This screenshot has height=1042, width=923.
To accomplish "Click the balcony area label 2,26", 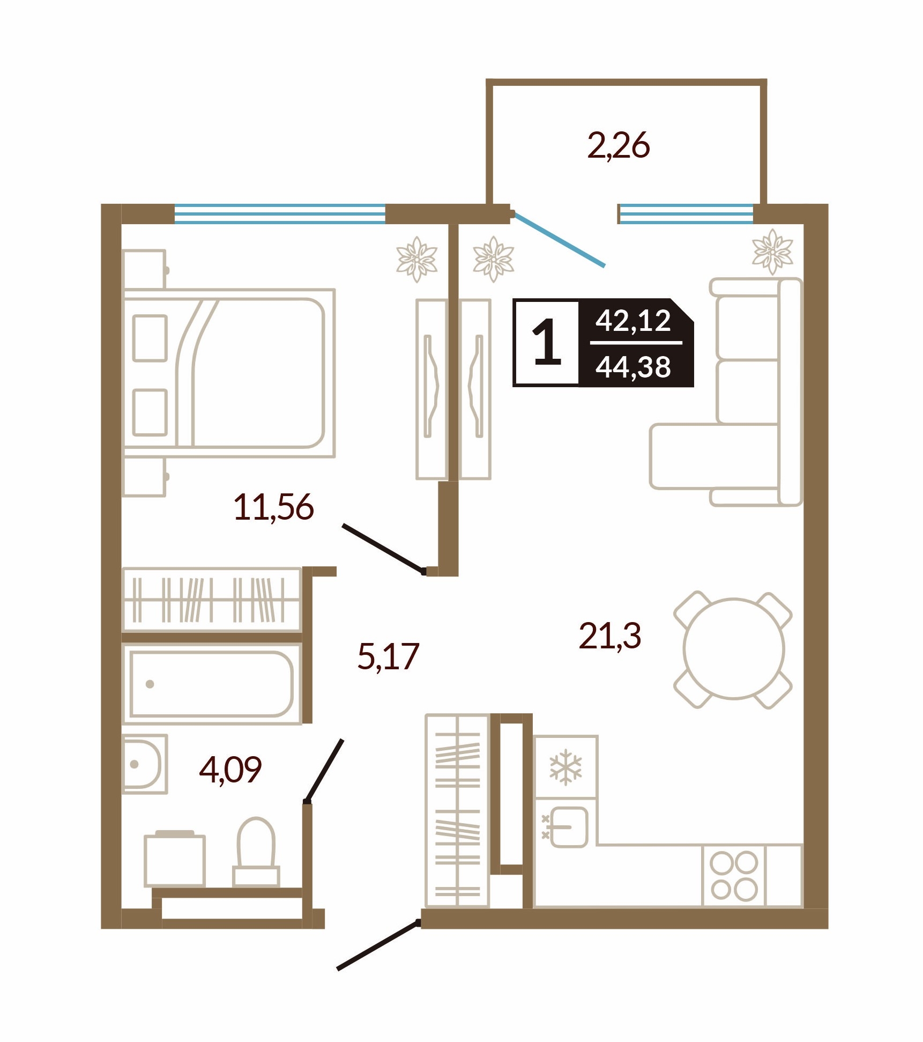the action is (x=619, y=145).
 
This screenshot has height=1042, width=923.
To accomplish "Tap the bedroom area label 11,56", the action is (x=273, y=507).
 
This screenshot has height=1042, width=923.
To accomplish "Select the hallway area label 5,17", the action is (x=388, y=656).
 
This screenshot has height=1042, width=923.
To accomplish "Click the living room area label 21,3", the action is (x=610, y=636).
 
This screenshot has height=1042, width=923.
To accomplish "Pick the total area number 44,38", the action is (x=633, y=367).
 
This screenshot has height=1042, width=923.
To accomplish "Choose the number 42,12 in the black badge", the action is (x=633, y=321).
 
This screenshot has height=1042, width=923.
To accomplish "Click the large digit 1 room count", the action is (x=547, y=343).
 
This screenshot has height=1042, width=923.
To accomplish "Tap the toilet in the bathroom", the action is (x=256, y=852).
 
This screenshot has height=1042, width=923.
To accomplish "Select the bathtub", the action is (x=212, y=684).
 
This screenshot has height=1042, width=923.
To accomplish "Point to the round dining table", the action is (x=734, y=649).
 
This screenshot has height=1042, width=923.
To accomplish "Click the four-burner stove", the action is (x=734, y=876).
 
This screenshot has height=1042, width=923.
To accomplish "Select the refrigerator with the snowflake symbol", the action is (x=566, y=766).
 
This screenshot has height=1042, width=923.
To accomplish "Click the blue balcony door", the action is (x=559, y=239).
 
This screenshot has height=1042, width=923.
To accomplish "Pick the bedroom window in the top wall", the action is (x=280, y=213).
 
